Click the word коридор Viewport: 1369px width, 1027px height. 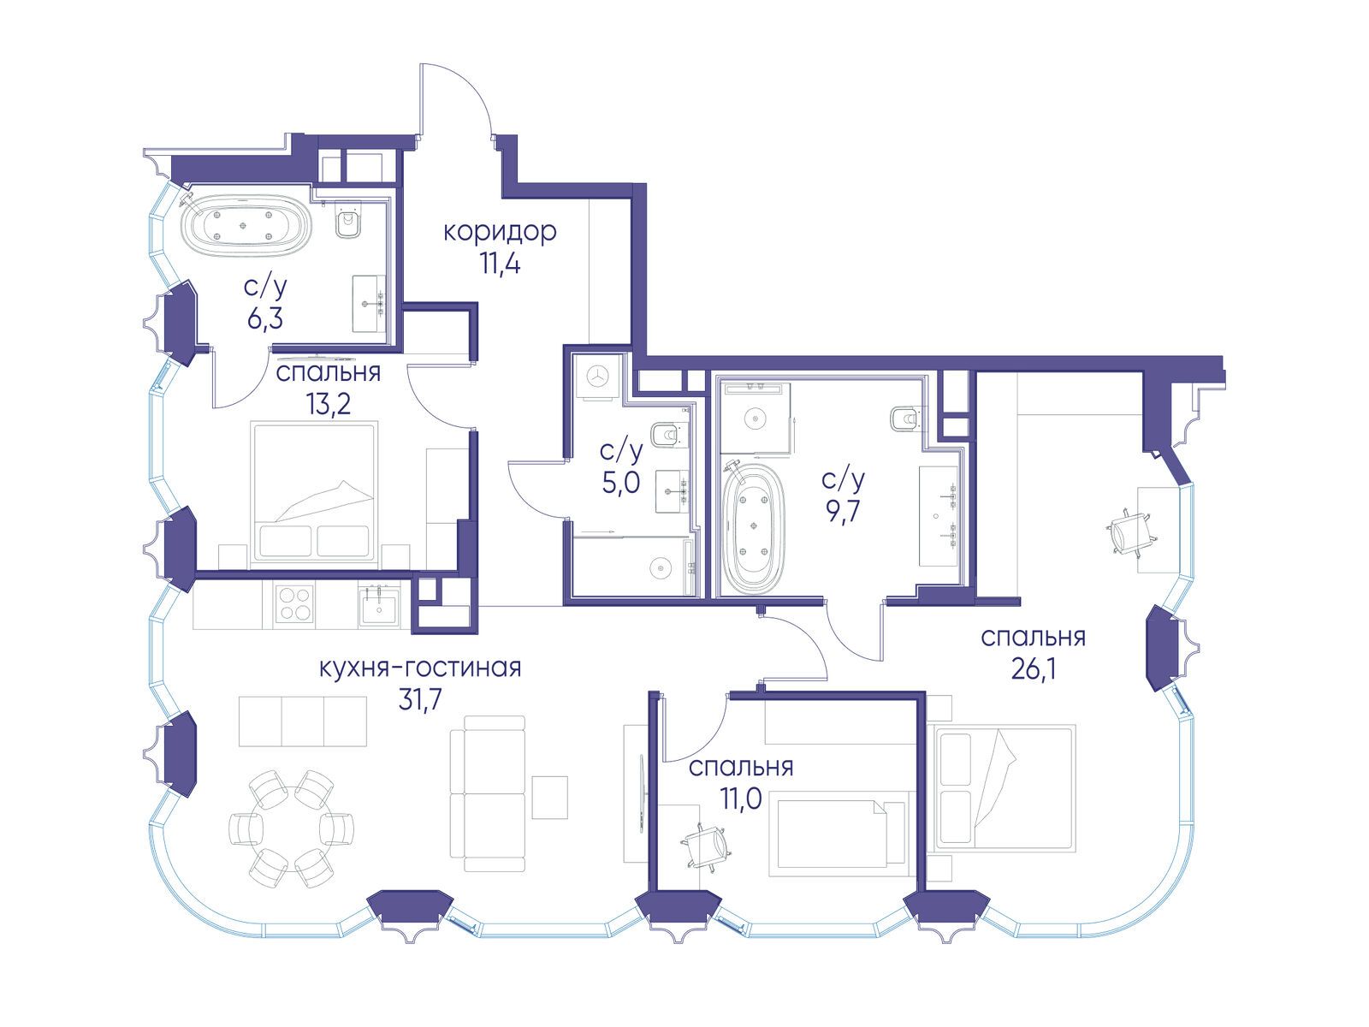tap(500, 233)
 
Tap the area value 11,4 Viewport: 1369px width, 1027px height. tap(500, 265)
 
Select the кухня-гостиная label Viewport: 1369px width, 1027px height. tap(420, 668)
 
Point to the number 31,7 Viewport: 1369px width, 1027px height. tap(420, 700)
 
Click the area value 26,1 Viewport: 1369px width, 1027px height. tap(1033, 670)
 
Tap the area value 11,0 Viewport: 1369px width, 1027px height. tap(741, 798)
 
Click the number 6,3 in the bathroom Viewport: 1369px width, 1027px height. tap(265, 319)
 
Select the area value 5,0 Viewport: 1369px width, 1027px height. tap(621, 484)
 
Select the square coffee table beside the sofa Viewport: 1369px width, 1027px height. tap(549, 798)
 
